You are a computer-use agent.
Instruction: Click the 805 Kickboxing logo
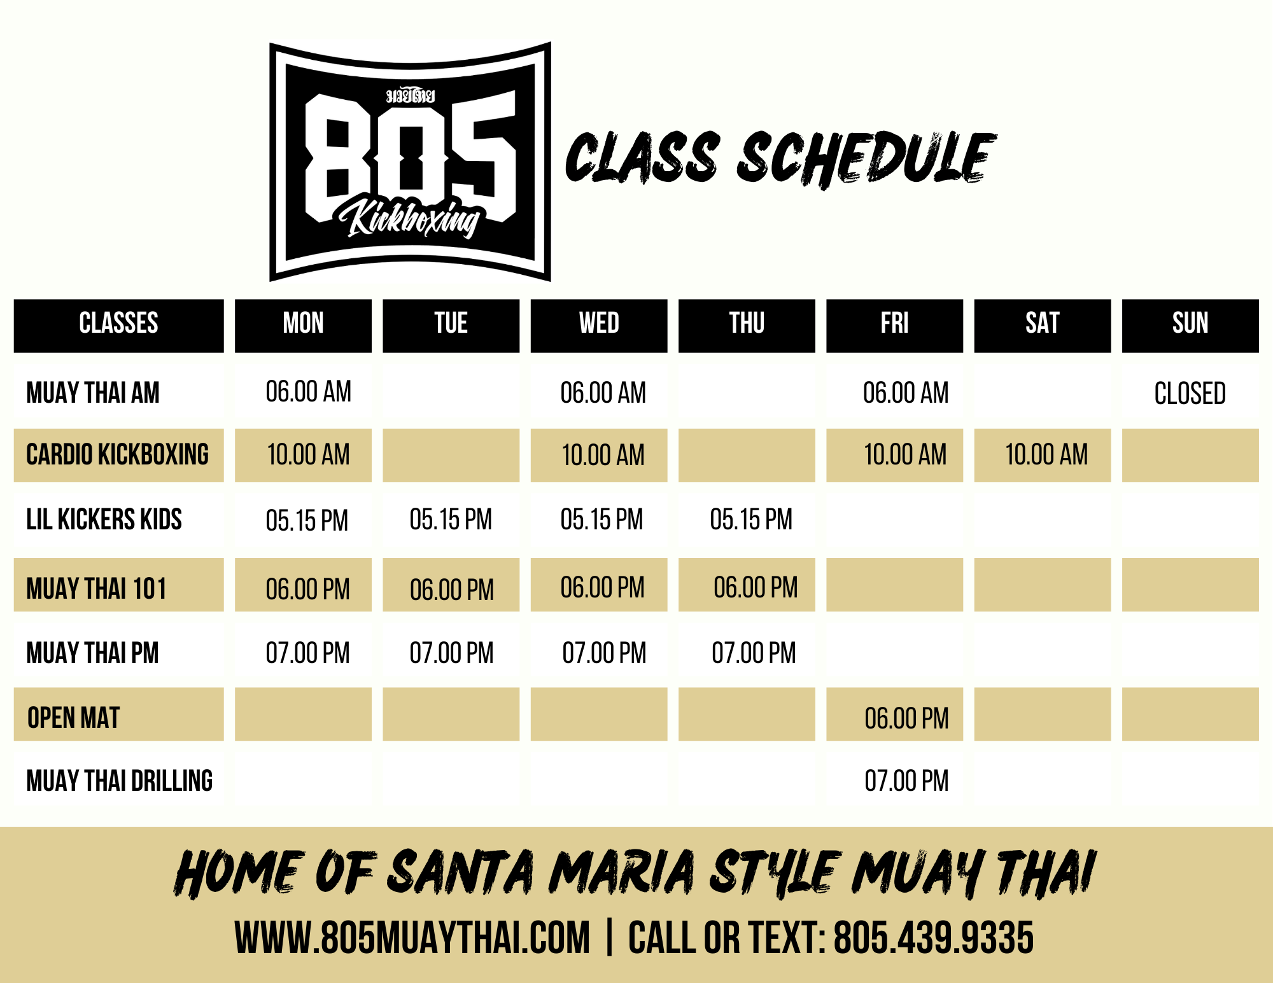410,162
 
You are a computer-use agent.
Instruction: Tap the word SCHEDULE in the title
866,159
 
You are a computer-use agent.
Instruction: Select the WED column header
599,325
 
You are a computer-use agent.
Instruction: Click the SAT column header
1043,325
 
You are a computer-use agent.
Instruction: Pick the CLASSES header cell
119,325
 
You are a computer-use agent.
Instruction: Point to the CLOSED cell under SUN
1190,393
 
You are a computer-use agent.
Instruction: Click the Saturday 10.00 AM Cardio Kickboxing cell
1046,455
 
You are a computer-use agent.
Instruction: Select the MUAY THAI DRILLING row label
120,781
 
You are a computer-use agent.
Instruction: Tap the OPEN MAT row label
73,718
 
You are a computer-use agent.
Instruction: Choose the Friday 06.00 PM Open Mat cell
906,718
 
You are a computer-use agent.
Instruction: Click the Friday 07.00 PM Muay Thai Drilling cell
906,781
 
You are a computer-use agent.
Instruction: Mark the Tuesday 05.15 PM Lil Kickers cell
451,520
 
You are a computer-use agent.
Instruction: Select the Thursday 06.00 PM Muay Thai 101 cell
756,587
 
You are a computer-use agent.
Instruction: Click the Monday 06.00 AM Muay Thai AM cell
309,392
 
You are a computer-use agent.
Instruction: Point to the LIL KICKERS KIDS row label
104,519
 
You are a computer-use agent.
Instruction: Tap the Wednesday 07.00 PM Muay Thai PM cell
604,653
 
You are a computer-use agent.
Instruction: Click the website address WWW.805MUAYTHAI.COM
412,937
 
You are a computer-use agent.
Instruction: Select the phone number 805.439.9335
934,937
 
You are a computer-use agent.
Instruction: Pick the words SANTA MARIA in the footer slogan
541,872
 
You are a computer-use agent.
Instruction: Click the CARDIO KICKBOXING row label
118,454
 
